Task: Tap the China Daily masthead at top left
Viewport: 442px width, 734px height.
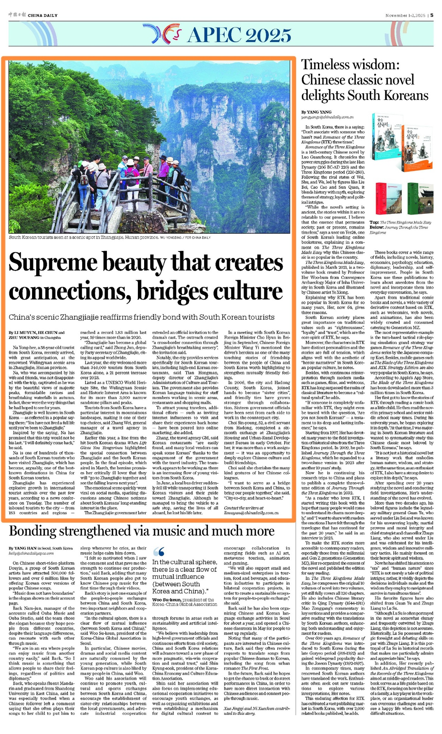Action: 34,15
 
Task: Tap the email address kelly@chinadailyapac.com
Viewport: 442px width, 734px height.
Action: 31,553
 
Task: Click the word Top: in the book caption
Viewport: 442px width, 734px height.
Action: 374,222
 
